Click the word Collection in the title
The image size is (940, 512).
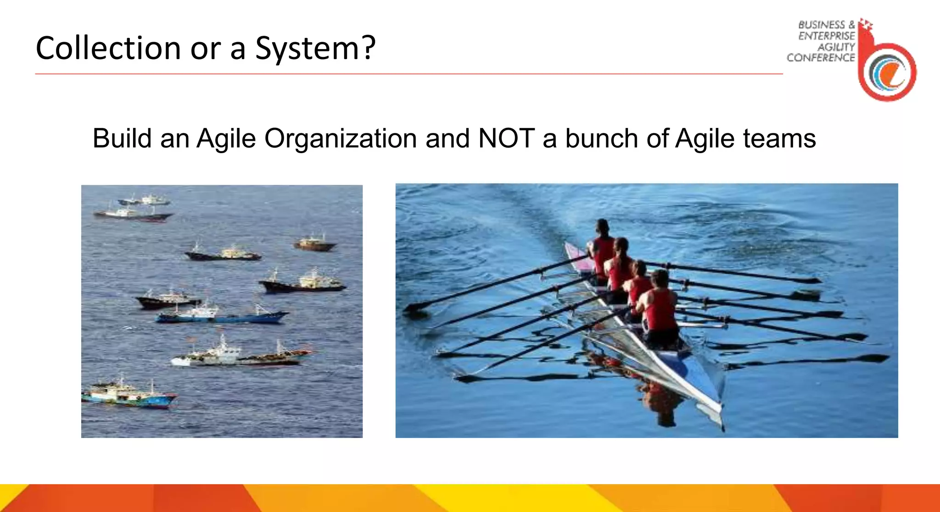coord(108,48)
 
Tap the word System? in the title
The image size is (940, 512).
coord(315,48)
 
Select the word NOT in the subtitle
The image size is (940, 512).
coord(506,138)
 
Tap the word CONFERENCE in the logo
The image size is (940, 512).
coord(821,58)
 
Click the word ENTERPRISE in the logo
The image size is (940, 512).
coord(826,36)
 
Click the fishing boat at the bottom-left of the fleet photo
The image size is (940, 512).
coord(129,395)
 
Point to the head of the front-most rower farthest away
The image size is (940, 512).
coord(602,226)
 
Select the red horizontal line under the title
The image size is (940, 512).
coord(408,74)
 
